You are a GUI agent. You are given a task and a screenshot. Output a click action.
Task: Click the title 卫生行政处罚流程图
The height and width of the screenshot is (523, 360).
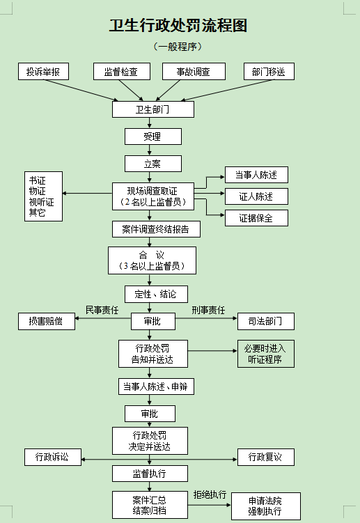[178, 26]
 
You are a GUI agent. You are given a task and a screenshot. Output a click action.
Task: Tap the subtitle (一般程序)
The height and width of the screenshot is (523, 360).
[178, 47]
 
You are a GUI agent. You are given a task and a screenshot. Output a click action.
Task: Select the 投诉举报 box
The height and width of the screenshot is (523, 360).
[43, 71]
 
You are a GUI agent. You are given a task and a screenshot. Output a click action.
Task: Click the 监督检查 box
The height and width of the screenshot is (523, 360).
[122, 71]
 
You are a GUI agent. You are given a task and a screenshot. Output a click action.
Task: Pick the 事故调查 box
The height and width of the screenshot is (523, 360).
[194, 71]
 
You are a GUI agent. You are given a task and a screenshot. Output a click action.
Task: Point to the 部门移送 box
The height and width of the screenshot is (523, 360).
[269, 71]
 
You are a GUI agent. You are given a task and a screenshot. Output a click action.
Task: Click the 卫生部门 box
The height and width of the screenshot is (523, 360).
[153, 109]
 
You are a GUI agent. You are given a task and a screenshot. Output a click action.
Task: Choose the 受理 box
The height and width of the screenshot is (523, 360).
[153, 136]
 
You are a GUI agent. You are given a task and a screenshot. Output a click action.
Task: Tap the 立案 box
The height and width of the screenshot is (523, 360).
[153, 164]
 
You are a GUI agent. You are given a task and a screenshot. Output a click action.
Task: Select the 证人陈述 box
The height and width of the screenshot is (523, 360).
[256, 196]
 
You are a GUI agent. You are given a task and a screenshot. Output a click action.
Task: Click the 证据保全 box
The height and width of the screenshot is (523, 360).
[256, 218]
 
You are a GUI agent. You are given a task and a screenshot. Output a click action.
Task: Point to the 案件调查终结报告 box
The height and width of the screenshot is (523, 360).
[156, 229]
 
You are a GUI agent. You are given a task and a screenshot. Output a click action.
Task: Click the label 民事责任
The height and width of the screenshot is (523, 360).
[102, 310]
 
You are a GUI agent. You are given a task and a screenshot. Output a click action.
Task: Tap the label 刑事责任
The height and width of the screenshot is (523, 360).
[208, 310]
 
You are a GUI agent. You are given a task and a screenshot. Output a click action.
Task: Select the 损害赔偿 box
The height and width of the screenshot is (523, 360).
[47, 321]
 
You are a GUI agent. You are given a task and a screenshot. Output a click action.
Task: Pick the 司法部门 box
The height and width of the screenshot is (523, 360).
[266, 321]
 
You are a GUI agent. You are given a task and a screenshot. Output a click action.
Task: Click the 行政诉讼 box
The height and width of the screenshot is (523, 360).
[53, 457]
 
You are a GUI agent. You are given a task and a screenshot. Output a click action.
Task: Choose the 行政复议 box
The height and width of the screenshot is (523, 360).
[266, 457]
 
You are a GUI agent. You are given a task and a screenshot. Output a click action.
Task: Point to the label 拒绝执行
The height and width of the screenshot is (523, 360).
[210, 494]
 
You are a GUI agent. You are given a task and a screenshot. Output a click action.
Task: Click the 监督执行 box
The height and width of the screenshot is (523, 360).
[150, 474]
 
